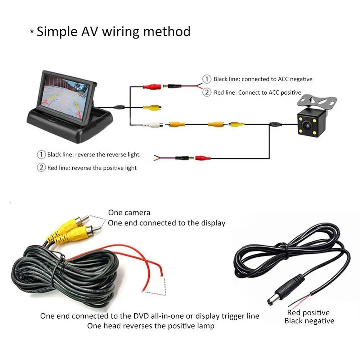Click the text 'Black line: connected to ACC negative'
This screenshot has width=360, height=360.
coord(263,79)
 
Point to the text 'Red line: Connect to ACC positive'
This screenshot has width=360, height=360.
coord(257,93)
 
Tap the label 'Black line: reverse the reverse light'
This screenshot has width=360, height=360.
coord(93,154)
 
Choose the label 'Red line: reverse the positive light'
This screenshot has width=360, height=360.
coord(92,168)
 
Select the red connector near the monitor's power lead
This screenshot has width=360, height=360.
coord(151,86)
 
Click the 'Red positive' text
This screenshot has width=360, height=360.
coord(309,312)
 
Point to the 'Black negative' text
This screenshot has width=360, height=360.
coord(309,321)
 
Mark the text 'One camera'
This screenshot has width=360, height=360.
coord(129,213)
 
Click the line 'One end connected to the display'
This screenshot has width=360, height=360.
coord(166,223)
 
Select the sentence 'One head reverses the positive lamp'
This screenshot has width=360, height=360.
coord(150,326)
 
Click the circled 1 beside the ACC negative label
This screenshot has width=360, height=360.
coord(207,79)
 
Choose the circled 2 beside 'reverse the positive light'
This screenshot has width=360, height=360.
coord(41,167)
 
